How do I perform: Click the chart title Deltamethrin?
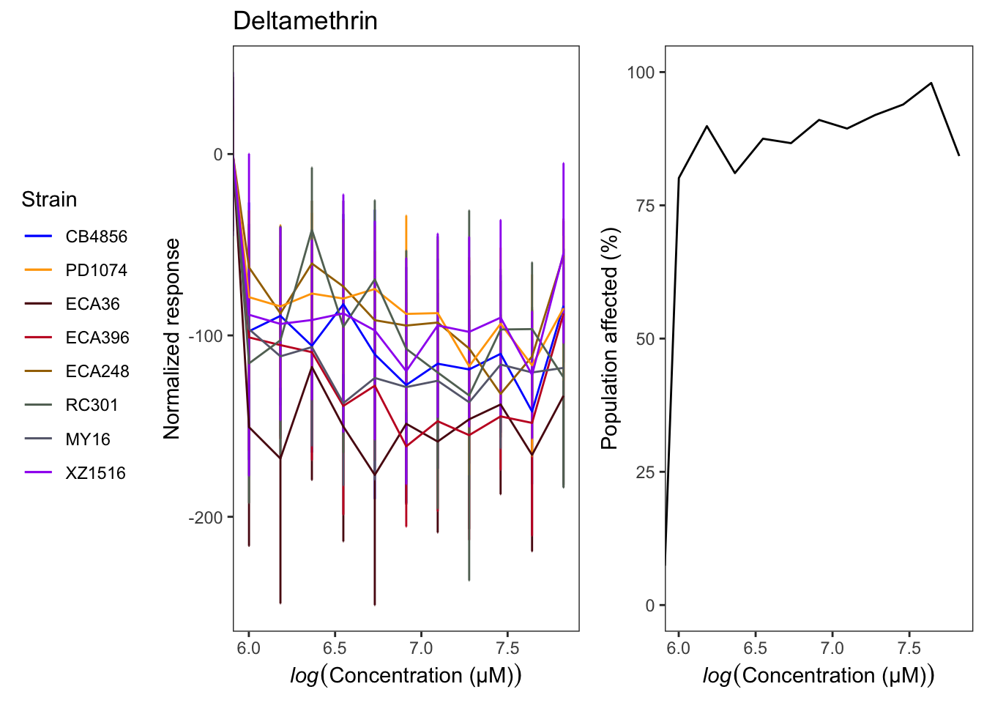[x=305, y=21]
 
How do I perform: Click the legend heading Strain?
[x=49, y=199]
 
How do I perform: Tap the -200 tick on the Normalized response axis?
[x=206, y=518]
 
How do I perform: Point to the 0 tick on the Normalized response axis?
[x=218, y=155]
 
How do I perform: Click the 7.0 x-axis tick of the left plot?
[x=421, y=648]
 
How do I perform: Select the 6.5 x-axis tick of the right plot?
[x=756, y=648]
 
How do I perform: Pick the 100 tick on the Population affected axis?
[x=641, y=72]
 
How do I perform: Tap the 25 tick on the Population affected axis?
[x=646, y=472]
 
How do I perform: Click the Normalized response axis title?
[x=172, y=338]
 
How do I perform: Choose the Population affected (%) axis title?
[x=610, y=338]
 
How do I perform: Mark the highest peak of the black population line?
[x=931, y=83]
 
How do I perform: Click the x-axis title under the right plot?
[x=819, y=675]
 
